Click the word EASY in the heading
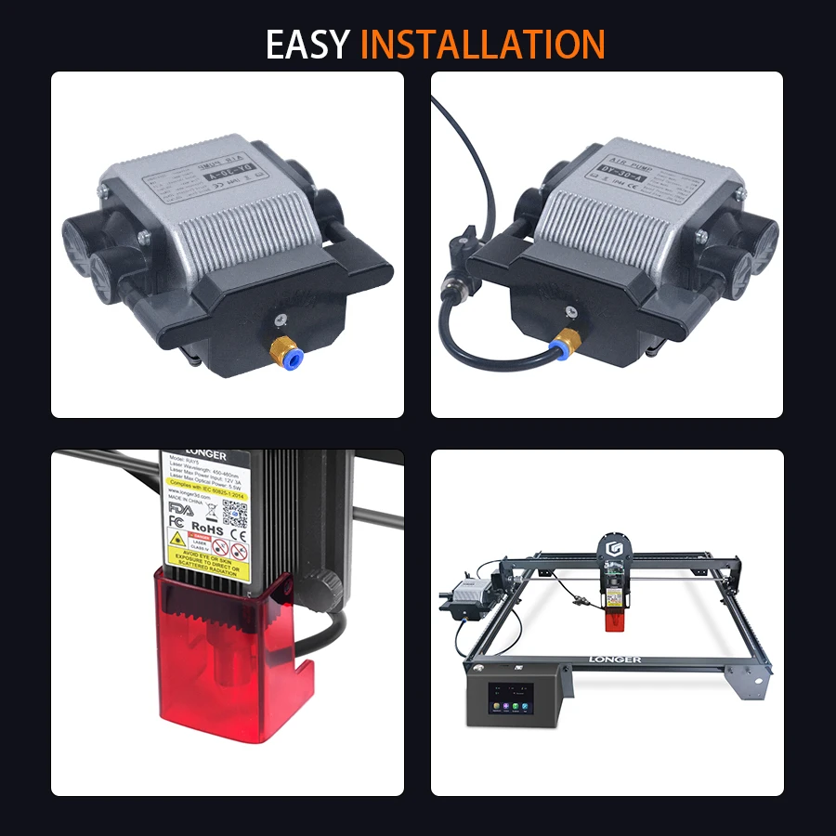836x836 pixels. (308, 44)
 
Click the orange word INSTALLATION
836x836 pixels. (482, 44)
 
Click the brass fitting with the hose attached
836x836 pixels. (562, 343)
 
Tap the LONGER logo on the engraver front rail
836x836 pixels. (614, 660)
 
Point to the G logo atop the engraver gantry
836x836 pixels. (612, 545)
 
